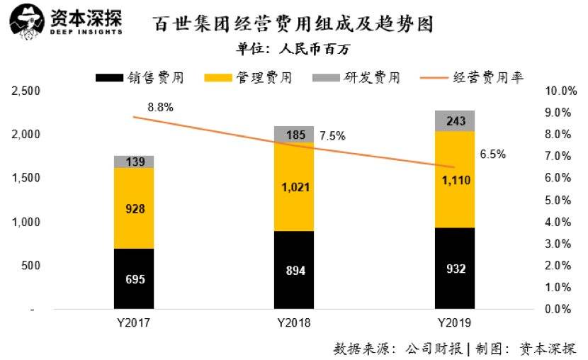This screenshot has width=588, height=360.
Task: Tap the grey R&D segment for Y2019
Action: (455, 121)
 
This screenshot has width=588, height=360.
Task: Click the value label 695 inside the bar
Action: (135, 279)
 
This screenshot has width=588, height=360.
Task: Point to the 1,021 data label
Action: (294, 187)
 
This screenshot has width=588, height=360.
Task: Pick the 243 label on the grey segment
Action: (456, 122)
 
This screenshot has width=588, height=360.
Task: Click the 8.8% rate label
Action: (160, 107)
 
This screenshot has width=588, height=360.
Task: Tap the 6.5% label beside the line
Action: (493, 154)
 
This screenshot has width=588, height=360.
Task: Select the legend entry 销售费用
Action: (140, 77)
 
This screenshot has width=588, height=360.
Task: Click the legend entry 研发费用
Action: (356, 77)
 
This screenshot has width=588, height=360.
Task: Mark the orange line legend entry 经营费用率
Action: (470, 77)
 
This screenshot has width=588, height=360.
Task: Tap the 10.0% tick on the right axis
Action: (560, 91)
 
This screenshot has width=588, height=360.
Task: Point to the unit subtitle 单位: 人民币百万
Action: (293, 49)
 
